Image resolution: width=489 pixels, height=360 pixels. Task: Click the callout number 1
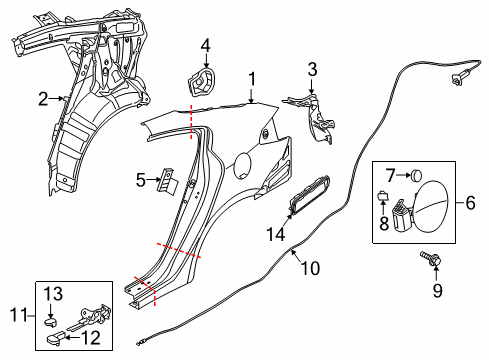click(x=252, y=79)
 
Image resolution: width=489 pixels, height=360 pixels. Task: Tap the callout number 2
click(x=43, y=99)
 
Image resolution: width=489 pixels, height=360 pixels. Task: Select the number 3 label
click(x=312, y=70)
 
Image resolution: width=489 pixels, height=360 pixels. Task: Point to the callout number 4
click(x=206, y=45)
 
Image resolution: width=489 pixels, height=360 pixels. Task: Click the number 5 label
click(x=141, y=180)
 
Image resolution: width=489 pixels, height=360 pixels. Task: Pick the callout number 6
click(x=470, y=203)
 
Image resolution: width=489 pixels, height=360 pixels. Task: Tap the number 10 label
click(x=311, y=268)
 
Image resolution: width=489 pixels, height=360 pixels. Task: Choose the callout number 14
click(x=276, y=234)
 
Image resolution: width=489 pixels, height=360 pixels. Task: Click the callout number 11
click(x=19, y=315)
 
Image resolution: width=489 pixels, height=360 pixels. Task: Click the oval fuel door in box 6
click(x=434, y=206)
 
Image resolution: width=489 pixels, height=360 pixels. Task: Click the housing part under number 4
click(x=201, y=82)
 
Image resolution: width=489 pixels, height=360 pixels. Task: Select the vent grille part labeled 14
click(x=308, y=194)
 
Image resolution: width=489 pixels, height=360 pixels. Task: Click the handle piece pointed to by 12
click(x=55, y=337)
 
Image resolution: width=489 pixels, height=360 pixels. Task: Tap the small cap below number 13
click(x=51, y=322)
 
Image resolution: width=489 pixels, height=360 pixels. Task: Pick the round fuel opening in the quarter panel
click(x=244, y=164)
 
